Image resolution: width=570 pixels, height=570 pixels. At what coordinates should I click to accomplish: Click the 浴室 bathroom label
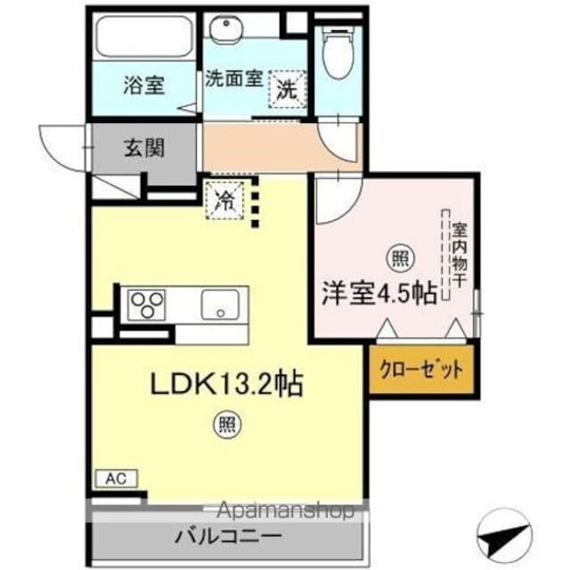[x=142, y=86]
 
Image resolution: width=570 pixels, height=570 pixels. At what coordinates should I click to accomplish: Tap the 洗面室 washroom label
[x=233, y=78]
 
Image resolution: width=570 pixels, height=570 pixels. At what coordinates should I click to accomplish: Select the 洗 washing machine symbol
[x=287, y=89]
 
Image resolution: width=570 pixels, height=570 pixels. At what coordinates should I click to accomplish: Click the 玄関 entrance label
[x=143, y=149]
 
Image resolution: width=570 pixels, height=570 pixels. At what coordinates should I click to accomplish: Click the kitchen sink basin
[x=219, y=305]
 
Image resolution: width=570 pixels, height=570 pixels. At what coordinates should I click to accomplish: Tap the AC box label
[x=115, y=479]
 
